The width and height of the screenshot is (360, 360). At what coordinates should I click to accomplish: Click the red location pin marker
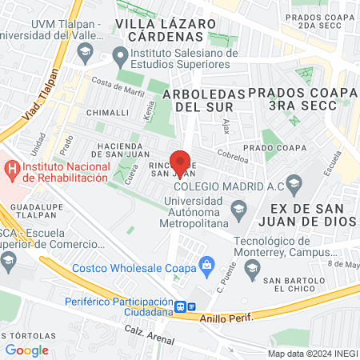(x=181, y=162)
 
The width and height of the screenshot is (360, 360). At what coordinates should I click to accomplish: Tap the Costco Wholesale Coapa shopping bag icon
(x=206, y=264)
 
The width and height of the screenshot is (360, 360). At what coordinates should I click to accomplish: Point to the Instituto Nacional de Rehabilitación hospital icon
(x=11, y=170)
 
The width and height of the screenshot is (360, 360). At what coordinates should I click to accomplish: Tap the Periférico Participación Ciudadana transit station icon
(x=183, y=306)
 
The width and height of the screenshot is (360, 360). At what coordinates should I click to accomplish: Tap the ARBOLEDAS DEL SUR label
(x=203, y=100)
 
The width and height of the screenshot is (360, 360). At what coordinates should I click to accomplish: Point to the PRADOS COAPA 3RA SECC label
(x=302, y=101)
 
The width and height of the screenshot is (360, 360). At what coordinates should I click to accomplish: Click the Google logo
(x=27, y=350)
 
